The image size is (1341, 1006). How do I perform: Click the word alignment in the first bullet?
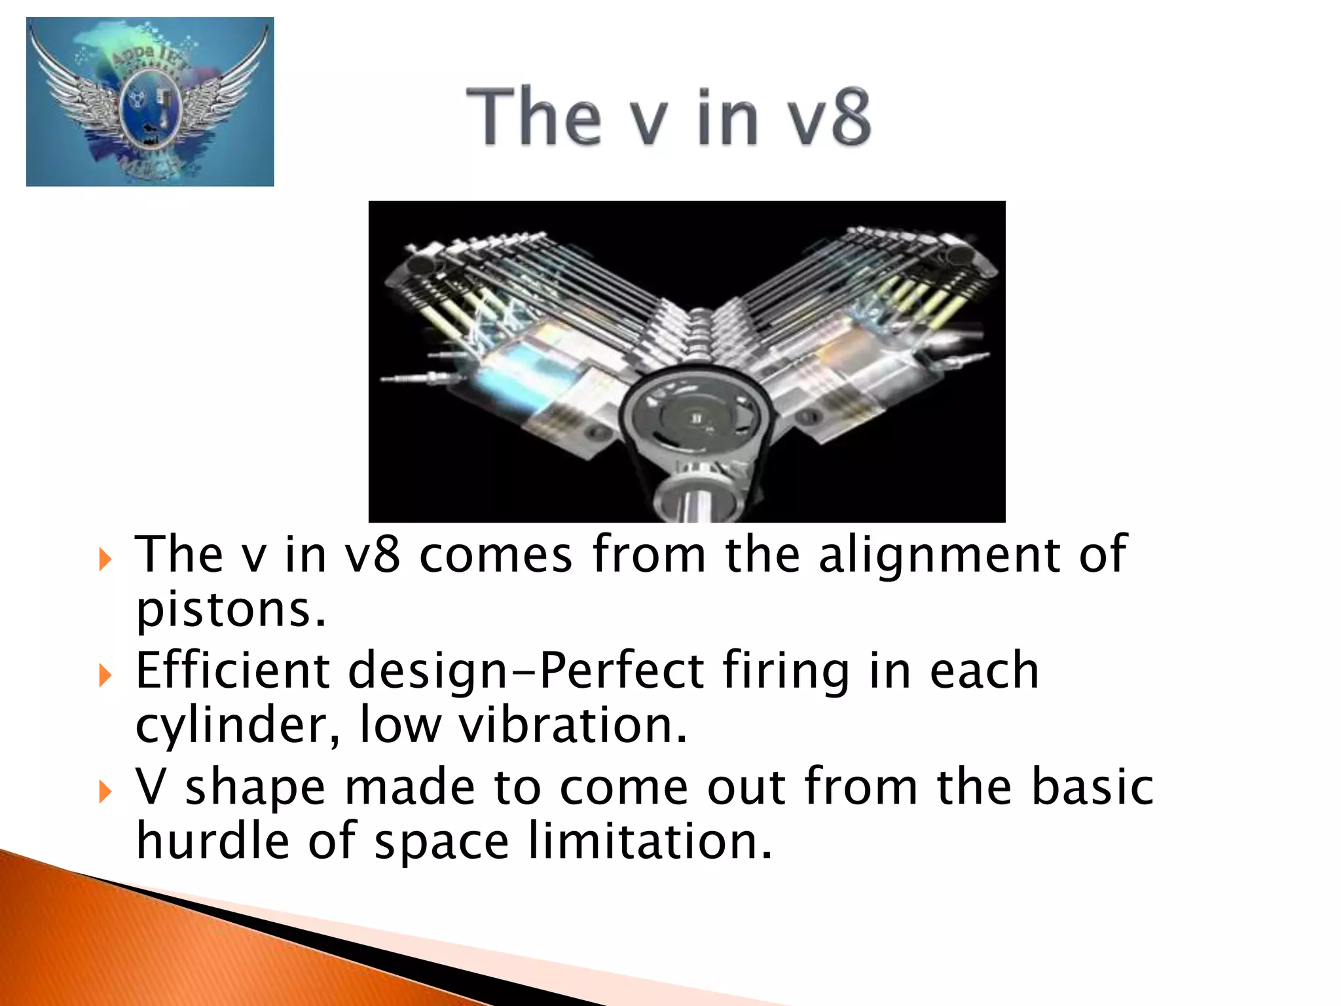click(x=939, y=555)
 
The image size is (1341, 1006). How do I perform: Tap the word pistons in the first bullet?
click(x=230, y=610)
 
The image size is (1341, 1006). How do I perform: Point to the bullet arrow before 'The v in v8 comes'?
click(x=105, y=559)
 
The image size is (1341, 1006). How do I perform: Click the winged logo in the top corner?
click(x=150, y=102)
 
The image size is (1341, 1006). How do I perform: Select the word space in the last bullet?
click(x=441, y=842)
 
